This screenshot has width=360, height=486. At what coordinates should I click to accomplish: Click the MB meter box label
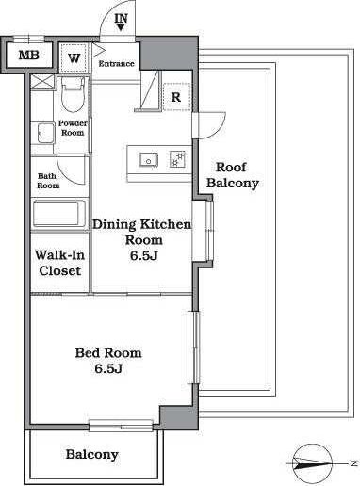tap(29, 56)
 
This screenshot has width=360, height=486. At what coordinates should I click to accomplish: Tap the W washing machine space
tap(74, 57)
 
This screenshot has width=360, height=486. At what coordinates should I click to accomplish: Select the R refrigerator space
tap(177, 97)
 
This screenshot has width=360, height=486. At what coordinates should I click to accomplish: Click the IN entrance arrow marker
tap(121, 23)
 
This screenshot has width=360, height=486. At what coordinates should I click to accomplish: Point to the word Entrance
tap(116, 64)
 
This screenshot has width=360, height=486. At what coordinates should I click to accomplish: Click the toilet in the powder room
tap(73, 95)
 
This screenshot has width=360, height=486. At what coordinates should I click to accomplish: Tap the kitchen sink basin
tap(149, 159)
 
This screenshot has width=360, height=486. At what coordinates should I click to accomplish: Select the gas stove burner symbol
tap(177, 159)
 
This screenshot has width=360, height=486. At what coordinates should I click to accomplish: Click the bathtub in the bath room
tap(59, 214)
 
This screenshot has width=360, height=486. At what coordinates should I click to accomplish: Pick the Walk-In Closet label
tap(59, 263)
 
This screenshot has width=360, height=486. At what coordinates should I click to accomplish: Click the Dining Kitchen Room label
tap(142, 240)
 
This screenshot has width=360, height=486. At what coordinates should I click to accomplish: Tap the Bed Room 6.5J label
tap(108, 361)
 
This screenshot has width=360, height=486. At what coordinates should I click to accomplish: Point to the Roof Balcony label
tap(233, 175)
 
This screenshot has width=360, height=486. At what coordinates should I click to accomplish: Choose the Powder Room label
tap(73, 128)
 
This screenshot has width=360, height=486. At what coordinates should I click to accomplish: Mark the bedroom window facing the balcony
tap(121, 426)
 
